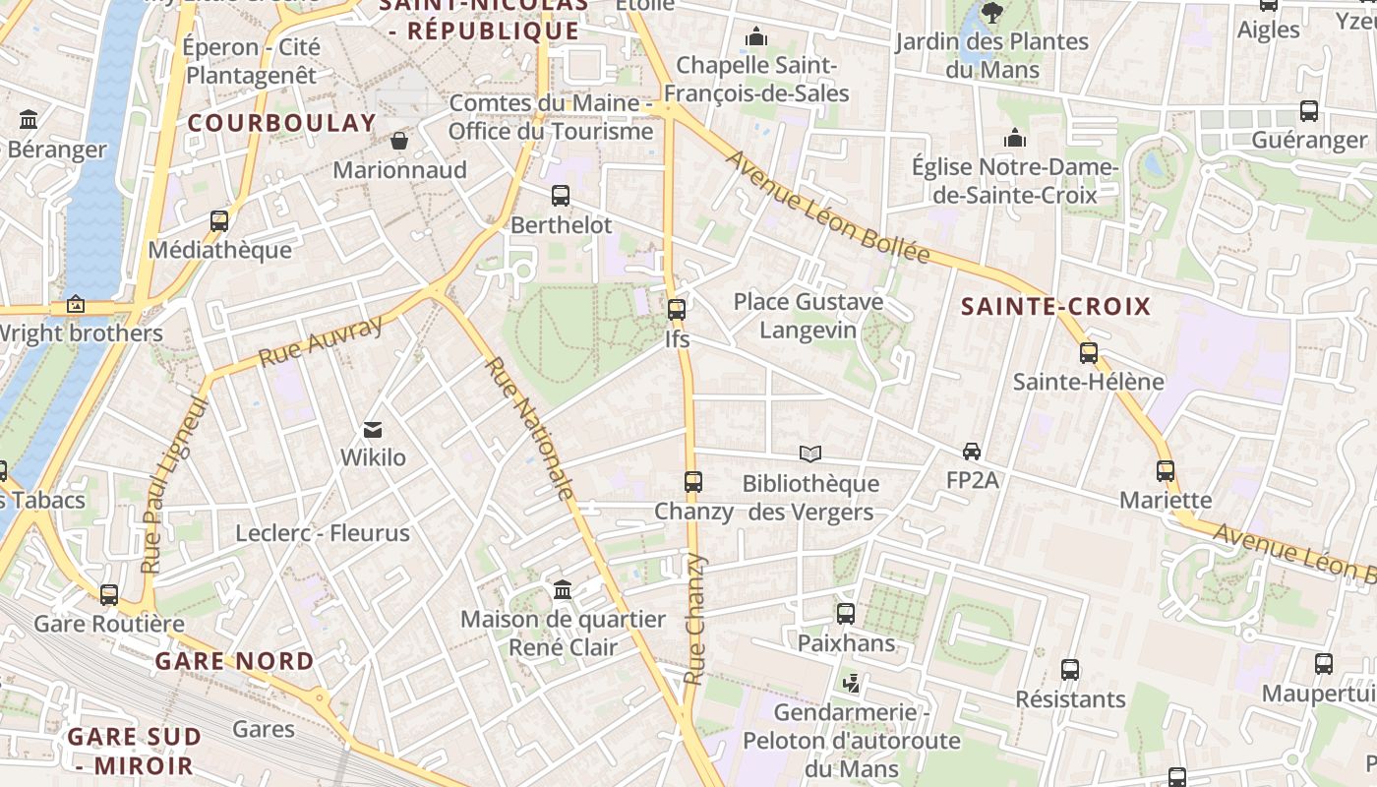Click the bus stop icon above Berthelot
click(x=561, y=195)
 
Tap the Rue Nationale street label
click(x=529, y=429)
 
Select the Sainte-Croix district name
click(x=1055, y=306)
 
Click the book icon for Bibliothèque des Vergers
click(x=809, y=454)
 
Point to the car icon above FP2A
click(x=972, y=451)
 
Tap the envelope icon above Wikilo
click(x=373, y=429)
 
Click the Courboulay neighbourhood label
click(x=281, y=123)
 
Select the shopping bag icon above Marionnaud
click(x=399, y=141)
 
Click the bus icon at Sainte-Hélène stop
click(x=1088, y=352)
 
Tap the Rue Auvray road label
click(x=320, y=341)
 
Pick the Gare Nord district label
click(x=234, y=661)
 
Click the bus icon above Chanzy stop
click(x=693, y=481)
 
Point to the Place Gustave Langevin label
click(x=808, y=315)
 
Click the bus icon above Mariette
click(x=1166, y=470)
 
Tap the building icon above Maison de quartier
click(x=563, y=589)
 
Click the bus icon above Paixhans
click(x=845, y=614)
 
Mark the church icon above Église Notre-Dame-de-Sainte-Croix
click(x=1014, y=138)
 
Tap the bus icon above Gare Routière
click(x=109, y=594)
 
